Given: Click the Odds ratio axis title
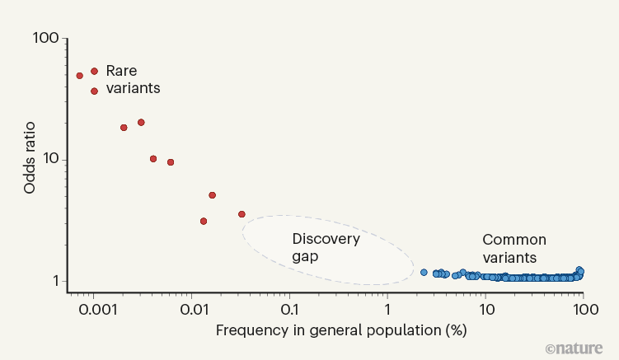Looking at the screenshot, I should click(30, 159).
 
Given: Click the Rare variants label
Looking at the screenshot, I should click(133, 79).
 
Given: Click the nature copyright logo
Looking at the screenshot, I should click(574, 348).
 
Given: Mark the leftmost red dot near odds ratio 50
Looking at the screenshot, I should click(80, 76).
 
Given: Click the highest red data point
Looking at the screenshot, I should click(94, 72).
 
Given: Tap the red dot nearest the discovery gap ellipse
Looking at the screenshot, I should click(242, 214).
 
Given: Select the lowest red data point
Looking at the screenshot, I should click(204, 221).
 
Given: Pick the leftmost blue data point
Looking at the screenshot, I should click(424, 272).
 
